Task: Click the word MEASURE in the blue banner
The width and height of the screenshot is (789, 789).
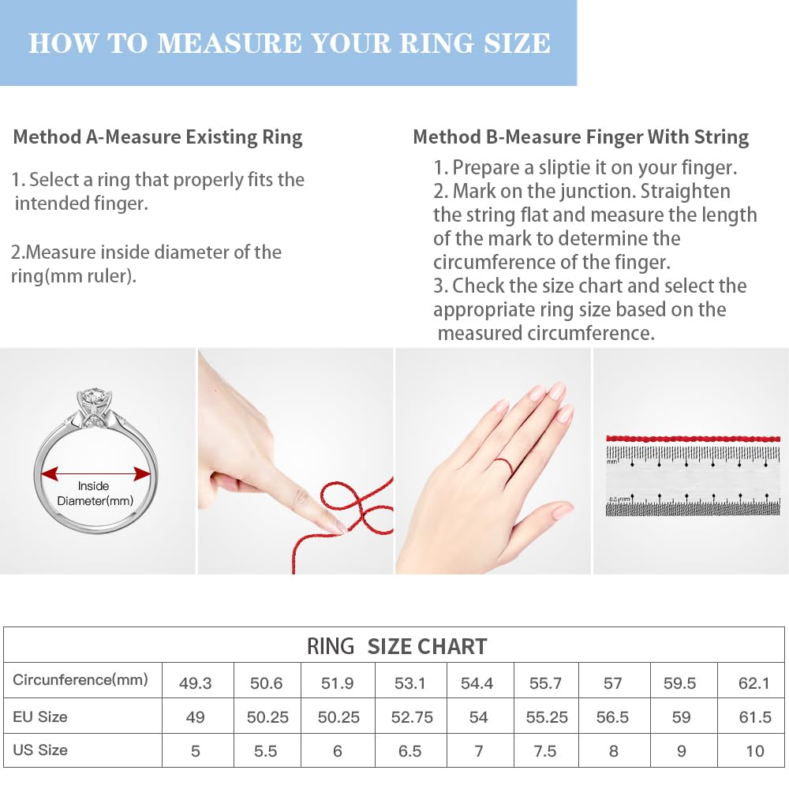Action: pyautogui.click(x=229, y=43)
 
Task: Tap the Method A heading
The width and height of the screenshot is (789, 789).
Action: pyautogui.click(x=158, y=137)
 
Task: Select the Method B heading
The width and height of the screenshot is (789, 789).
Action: pyautogui.click(x=581, y=137)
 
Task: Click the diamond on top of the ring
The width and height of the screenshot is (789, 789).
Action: pyautogui.click(x=94, y=398)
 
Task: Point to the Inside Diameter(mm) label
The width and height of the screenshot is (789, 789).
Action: pyautogui.click(x=95, y=493)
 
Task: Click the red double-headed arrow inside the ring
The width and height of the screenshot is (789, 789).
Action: pyautogui.click(x=95, y=473)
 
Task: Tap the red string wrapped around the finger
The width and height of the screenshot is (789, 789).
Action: pyautogui.click(x=505, y=466)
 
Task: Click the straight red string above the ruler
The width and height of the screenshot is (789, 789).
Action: pyautogui.click(x=693, y=439)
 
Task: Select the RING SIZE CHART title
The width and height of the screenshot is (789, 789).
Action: pyautogui.click(x=397, y=647)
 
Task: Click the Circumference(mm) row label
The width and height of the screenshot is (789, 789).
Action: pyautogui.click(x=80, y=680)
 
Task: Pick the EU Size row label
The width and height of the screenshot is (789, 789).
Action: pyautogui.click(x=40, y=716)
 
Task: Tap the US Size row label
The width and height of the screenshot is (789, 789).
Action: pyautogui.click(x=40, y=750)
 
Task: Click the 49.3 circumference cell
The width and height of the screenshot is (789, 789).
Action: pyautogui.click(x=196, y=683)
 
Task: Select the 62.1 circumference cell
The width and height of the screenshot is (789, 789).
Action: pyautogui.click(x=753, y=683)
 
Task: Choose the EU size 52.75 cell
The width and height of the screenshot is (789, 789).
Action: pyautogui.click(x=412, y=717)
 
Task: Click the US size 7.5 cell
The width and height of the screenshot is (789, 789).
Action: pyautogui.click(x=545, y=751)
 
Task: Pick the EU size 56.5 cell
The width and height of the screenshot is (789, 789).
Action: pyautogui.click(x=612, y=717)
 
